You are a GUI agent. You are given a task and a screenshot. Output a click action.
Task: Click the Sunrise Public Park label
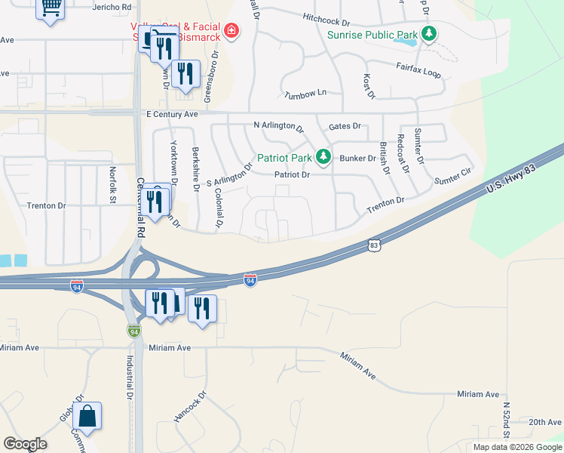point(372,35)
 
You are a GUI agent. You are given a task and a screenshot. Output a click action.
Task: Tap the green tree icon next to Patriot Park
point(323,156)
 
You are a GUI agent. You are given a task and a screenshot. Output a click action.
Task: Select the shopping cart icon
point(51,8)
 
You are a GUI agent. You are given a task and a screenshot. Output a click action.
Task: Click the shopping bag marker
point(87,417)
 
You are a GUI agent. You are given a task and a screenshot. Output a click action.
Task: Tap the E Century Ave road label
point(171,114)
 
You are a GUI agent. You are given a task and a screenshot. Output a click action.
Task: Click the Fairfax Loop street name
point(418,67)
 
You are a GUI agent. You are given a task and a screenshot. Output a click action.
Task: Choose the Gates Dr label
point(345,126)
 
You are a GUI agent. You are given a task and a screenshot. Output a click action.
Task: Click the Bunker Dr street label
point(357,159)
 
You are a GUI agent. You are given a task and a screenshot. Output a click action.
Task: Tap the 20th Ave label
point(544,422)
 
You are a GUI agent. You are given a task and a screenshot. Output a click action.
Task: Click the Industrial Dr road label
point(130,377)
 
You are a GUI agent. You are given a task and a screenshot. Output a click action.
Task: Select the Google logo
point(25,444)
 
